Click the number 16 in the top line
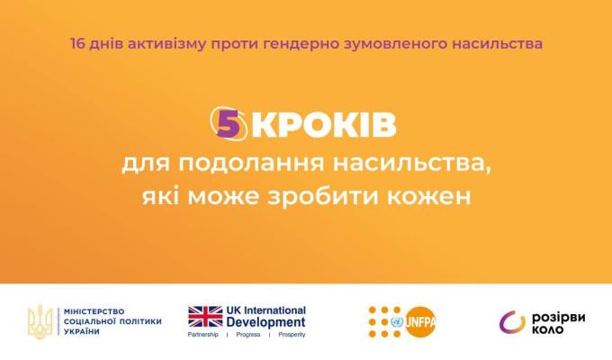76,42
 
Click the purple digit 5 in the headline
229,125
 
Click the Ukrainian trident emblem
40,321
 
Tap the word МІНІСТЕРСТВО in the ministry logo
95,310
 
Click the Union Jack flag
205,316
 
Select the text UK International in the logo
266,310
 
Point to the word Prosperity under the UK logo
287,335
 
